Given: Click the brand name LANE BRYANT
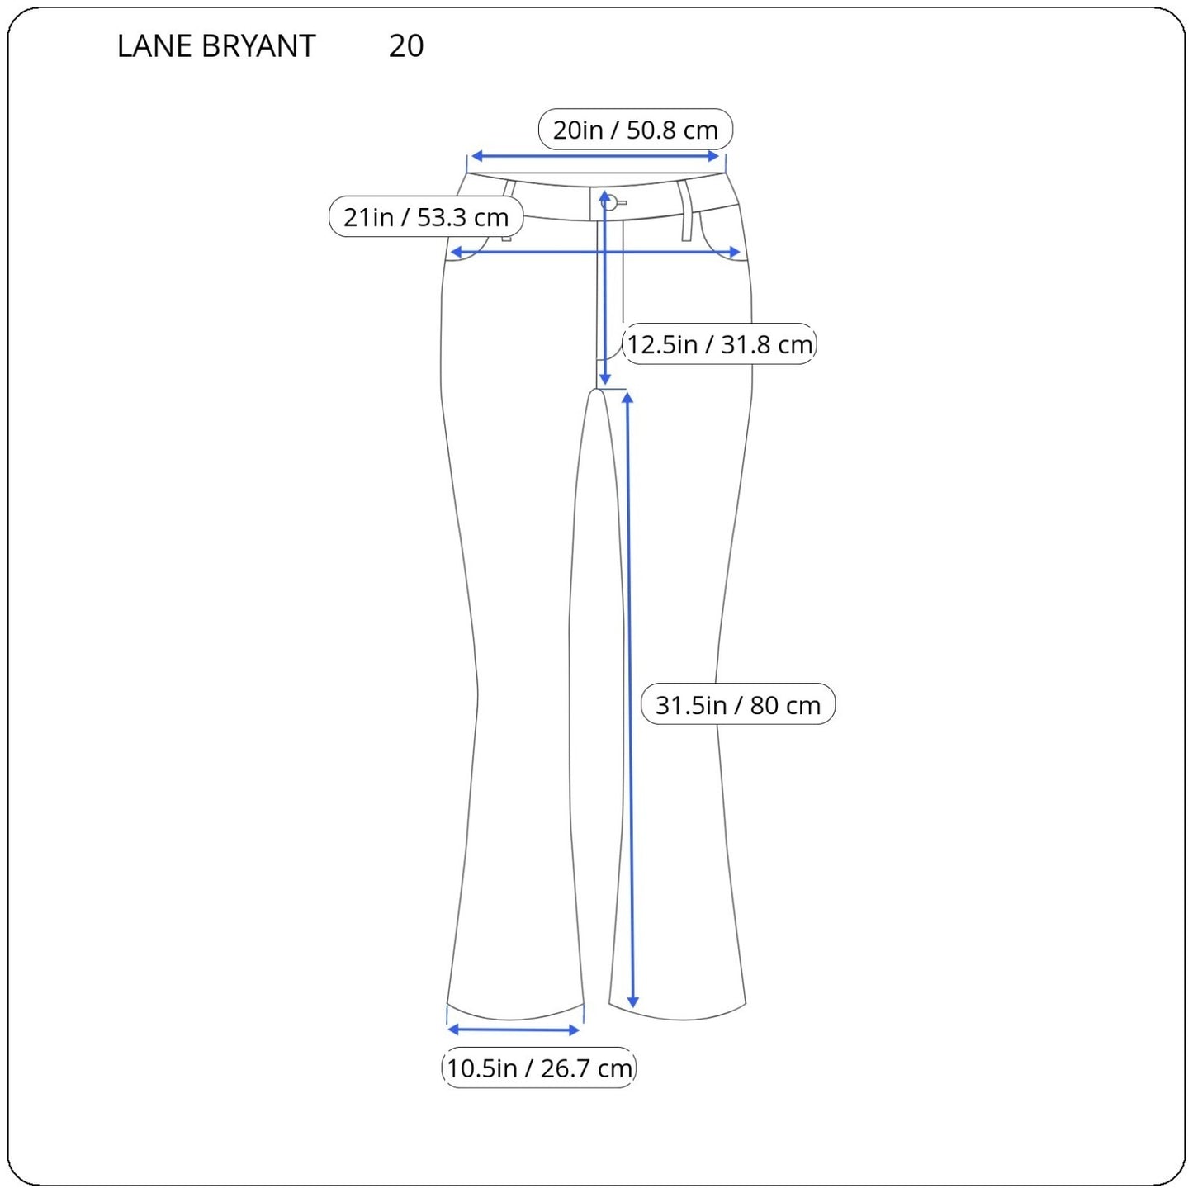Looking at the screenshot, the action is pos(216,45).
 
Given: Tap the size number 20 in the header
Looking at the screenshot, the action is pos(406,45).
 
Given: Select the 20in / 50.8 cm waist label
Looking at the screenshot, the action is pos(635,130).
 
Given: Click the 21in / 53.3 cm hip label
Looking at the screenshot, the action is pos(426,217).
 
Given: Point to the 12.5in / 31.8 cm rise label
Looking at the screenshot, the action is pos(719,344).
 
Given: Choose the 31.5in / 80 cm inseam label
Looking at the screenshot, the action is pos(738,705).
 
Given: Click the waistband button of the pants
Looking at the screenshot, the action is pos(608,201).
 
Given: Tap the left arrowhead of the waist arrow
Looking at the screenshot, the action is pos(477,156).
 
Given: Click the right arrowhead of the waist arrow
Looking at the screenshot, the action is pos(713,156).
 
